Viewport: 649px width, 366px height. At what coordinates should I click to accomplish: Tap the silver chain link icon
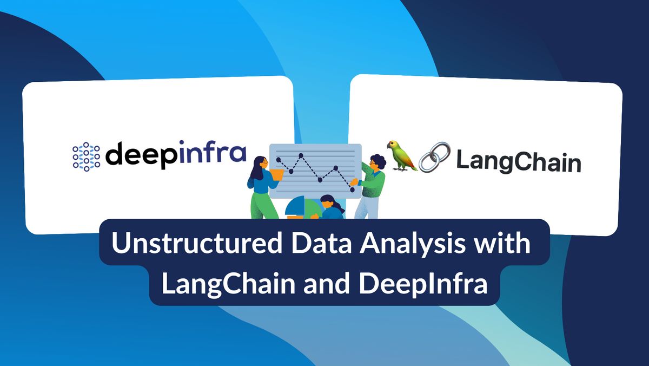(x=435, y=157)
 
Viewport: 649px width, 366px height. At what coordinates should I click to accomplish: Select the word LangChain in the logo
(x=519, y=161)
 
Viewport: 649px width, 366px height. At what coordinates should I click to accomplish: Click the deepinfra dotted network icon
(x=87, y=156)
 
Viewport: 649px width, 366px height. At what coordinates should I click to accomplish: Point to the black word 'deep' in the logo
(x=142, y=155)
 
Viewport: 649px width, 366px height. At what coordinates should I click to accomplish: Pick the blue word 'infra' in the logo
(x=213, y=152)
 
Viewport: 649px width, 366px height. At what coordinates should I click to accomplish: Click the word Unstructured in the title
(x=197, y=243)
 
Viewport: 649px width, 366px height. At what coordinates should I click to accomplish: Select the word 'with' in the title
(x=501, y=243)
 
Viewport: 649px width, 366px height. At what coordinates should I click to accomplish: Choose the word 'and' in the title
(x=327, y=283)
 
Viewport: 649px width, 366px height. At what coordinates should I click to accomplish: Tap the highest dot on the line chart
(x=301, y=156)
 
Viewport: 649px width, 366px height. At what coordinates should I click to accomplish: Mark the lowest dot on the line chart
(x=352, y=189)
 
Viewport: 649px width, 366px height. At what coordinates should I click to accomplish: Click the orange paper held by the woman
(x=277, y=175)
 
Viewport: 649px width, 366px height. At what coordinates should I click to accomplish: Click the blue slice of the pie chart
(x=295, y=206)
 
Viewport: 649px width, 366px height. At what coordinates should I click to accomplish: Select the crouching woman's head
(x=327, y=201)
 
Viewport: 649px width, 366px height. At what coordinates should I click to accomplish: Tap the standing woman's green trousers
(x=262, y=205)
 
